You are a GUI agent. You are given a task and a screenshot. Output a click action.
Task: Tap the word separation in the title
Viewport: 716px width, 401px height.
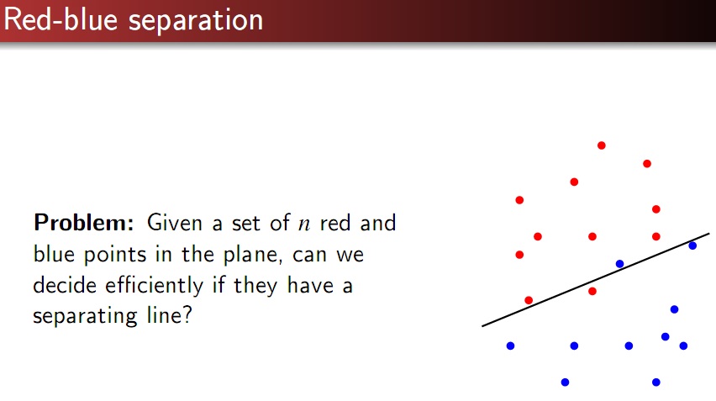pyautogui.click(x=196, y=22)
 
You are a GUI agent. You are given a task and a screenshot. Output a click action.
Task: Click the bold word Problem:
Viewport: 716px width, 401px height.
pyautogui.click(x=83, y=223)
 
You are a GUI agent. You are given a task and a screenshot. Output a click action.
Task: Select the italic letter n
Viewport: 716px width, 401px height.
pyautogui.click(x=303, y=224)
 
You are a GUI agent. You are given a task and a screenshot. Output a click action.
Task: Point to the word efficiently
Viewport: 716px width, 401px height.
pyautogui.click(x=155, y=285)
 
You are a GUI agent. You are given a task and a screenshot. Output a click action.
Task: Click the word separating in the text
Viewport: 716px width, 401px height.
pyautogui.click(x=85, y=316)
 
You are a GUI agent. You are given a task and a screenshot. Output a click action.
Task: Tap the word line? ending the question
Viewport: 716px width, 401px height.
pyautogui.click(x=170, y=314)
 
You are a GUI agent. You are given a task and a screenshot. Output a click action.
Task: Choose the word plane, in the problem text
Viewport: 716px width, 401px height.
pyautogui.click(x=251, y=255)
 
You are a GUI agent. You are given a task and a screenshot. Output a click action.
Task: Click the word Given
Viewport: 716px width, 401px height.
pyautogui.click(x=175, y=223)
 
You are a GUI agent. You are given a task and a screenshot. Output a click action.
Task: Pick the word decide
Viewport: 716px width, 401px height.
pyautogui.click(x=65, y=285)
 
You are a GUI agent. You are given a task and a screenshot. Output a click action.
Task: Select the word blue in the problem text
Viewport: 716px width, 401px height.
pyautogui.click(x=54, y=254)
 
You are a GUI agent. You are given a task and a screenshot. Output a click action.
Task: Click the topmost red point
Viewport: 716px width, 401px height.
pyautogui.click(x=602, y=145)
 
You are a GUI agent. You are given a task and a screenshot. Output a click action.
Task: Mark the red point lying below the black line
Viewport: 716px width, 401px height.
pyautogui.click(x=592, y=291)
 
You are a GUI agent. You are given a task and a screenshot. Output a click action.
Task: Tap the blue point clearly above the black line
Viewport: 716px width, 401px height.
pyautogui.click(x=619, y=263)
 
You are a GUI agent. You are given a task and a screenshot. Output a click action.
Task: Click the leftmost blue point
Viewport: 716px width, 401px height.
pyautogui.click(x=510, y=346)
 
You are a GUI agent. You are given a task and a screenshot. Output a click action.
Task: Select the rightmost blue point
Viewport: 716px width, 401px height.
pyautogui.click(x=692, y=245)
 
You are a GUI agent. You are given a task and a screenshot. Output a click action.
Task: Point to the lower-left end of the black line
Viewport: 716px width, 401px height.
pyautogui.click(x=482, y=326)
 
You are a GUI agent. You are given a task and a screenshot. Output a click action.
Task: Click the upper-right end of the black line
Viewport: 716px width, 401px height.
pyautogui.click(x=709, y=234)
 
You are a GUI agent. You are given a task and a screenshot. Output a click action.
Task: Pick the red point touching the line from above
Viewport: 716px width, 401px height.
pyautogui.click(x=529, y=300)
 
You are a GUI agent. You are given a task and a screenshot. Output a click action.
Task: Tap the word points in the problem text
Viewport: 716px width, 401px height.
pyautogui.click(x=115, y=255)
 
